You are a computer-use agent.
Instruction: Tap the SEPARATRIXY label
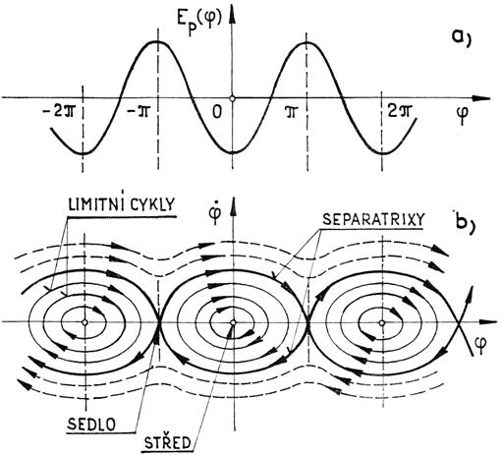373,219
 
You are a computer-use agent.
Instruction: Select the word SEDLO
91,425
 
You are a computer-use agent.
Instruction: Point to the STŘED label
168,443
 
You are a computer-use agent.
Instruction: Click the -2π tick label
59,112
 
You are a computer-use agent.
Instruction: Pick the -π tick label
139,112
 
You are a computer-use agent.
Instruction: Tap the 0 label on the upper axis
216,112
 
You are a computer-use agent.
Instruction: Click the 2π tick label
399,112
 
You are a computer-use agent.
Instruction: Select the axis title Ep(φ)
202,23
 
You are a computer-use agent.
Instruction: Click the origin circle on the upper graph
232,98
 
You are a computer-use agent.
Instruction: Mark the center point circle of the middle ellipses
233,322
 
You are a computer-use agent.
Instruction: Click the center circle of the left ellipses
84,322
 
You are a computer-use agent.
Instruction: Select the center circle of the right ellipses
381,323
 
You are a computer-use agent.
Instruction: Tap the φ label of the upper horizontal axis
462,115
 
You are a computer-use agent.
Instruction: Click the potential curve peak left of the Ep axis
157,41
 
